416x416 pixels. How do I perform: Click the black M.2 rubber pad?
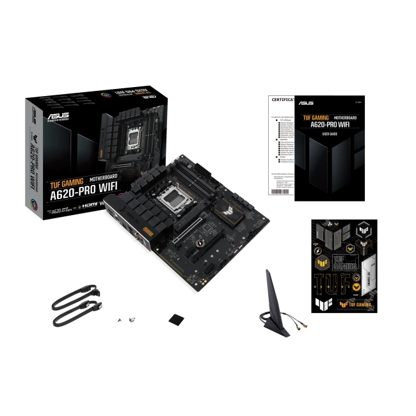click(x=174, y=319)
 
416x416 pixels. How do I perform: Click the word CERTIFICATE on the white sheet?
click(x=283, y=101)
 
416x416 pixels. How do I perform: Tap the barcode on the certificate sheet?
click(x=280, y=186)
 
